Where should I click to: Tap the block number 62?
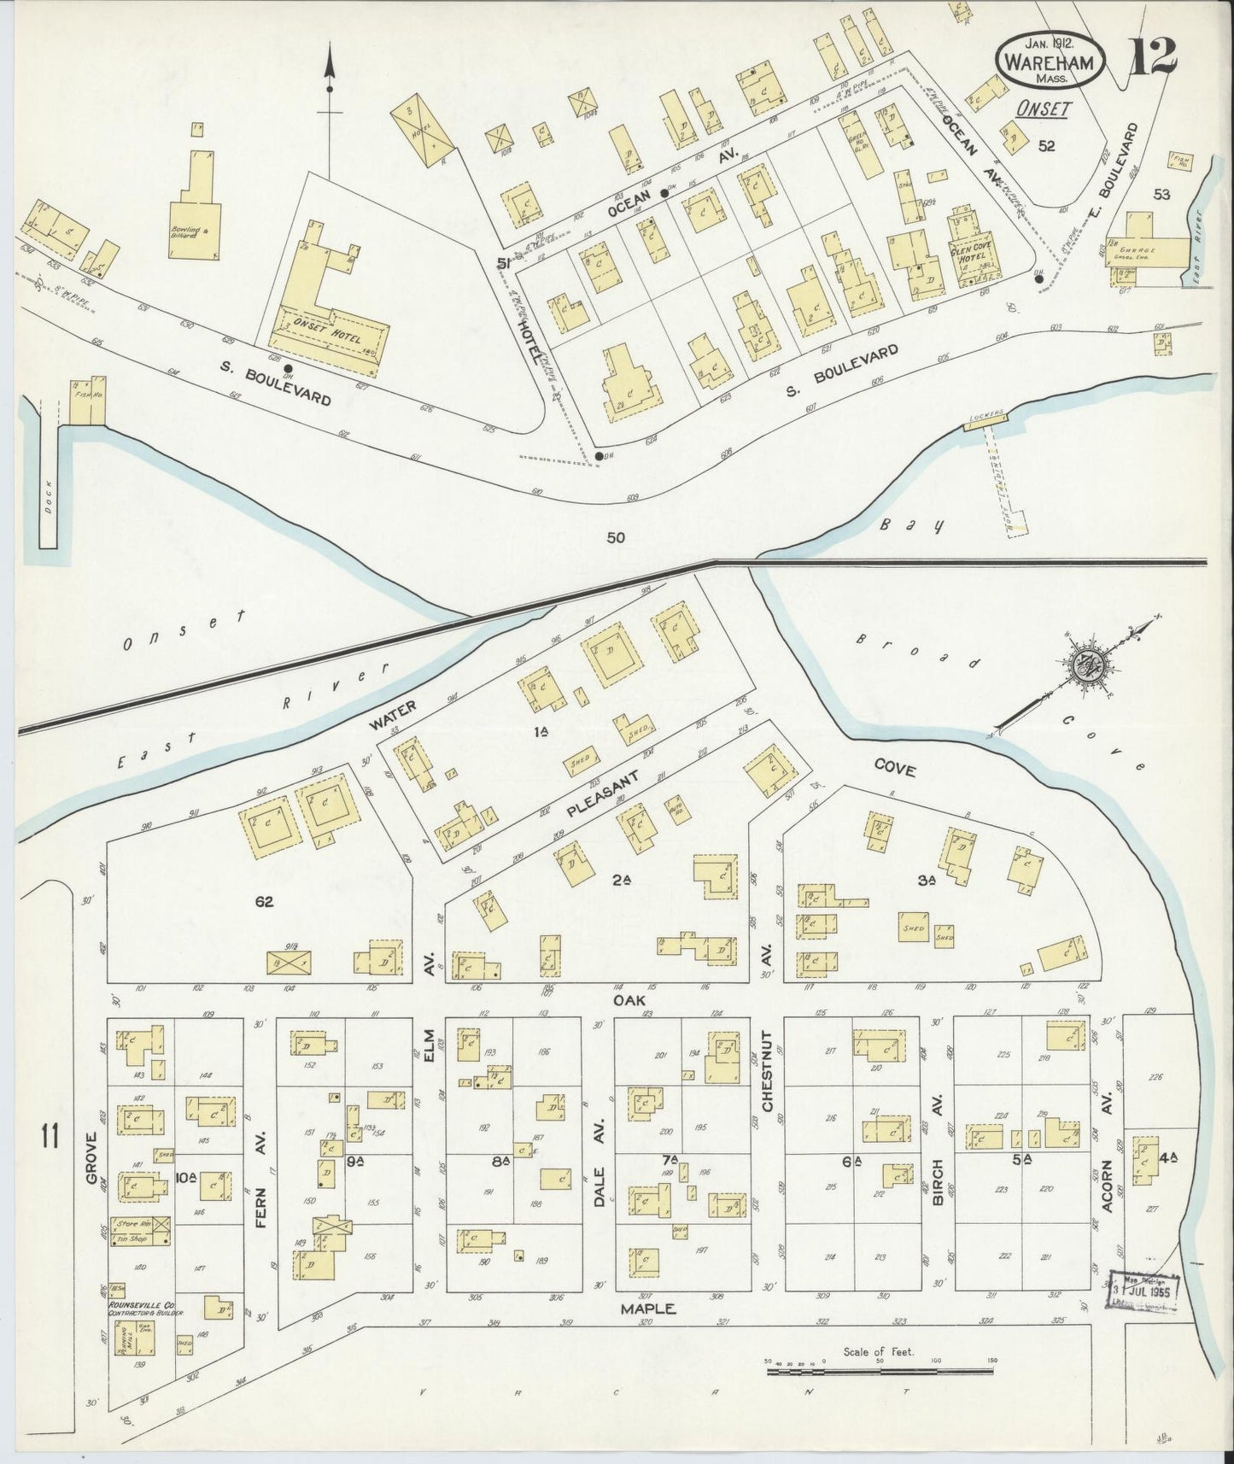coord(264,900)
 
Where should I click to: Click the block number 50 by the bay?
coord(616,537)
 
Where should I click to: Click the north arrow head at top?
coord(329,63)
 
